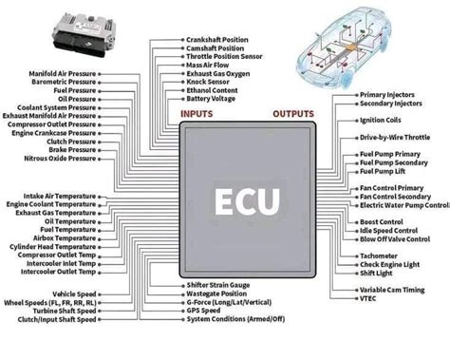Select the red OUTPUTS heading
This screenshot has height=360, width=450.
coord(294,115)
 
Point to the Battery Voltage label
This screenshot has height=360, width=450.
coord(212,99)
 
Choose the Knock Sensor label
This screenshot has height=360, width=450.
coord(210,82)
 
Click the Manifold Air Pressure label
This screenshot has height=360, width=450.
coord(54,72)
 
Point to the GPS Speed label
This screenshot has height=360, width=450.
coord(204,310)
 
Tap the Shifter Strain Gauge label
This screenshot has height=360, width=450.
coord(217,285)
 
